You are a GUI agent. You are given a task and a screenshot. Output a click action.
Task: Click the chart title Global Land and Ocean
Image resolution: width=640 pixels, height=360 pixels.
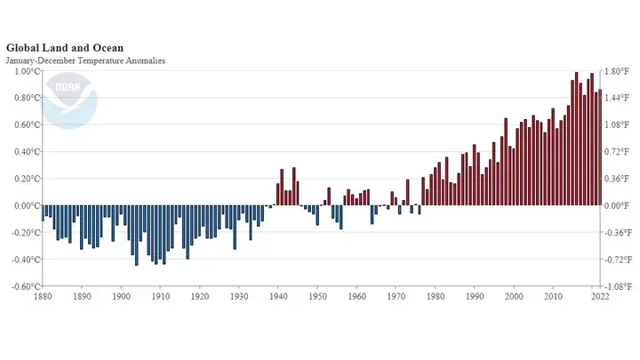pos(64,47)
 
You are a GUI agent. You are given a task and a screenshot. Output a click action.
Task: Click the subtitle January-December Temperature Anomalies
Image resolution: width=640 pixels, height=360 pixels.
pos(85,60)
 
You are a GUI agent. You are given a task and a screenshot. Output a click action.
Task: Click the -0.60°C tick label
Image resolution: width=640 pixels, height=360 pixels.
pos(22,286)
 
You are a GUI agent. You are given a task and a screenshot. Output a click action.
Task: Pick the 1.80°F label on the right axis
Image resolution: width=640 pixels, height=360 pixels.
pos(618,71)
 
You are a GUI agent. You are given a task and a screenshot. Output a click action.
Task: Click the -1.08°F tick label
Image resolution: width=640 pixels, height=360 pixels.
pos(619,286)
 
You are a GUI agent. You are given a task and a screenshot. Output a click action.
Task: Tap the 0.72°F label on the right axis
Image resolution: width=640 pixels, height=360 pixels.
pos(618,152)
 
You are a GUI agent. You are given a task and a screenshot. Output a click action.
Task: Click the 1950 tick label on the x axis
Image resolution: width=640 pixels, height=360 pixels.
pos(316,297)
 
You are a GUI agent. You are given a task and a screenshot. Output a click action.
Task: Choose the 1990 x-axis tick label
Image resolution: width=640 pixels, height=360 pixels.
pos(474,297)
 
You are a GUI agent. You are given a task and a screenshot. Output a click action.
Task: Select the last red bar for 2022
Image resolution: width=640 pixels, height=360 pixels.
pos(600,148)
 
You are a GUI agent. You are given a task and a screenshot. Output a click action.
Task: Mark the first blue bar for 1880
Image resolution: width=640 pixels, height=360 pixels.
pos(43,212)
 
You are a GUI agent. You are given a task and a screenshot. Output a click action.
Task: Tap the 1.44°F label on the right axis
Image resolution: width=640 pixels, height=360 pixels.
pos(618,98)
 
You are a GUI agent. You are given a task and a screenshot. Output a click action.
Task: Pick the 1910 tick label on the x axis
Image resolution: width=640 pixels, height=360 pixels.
pos(160,297)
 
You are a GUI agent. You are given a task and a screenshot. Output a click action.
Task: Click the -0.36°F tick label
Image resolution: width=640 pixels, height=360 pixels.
pos(619,233)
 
